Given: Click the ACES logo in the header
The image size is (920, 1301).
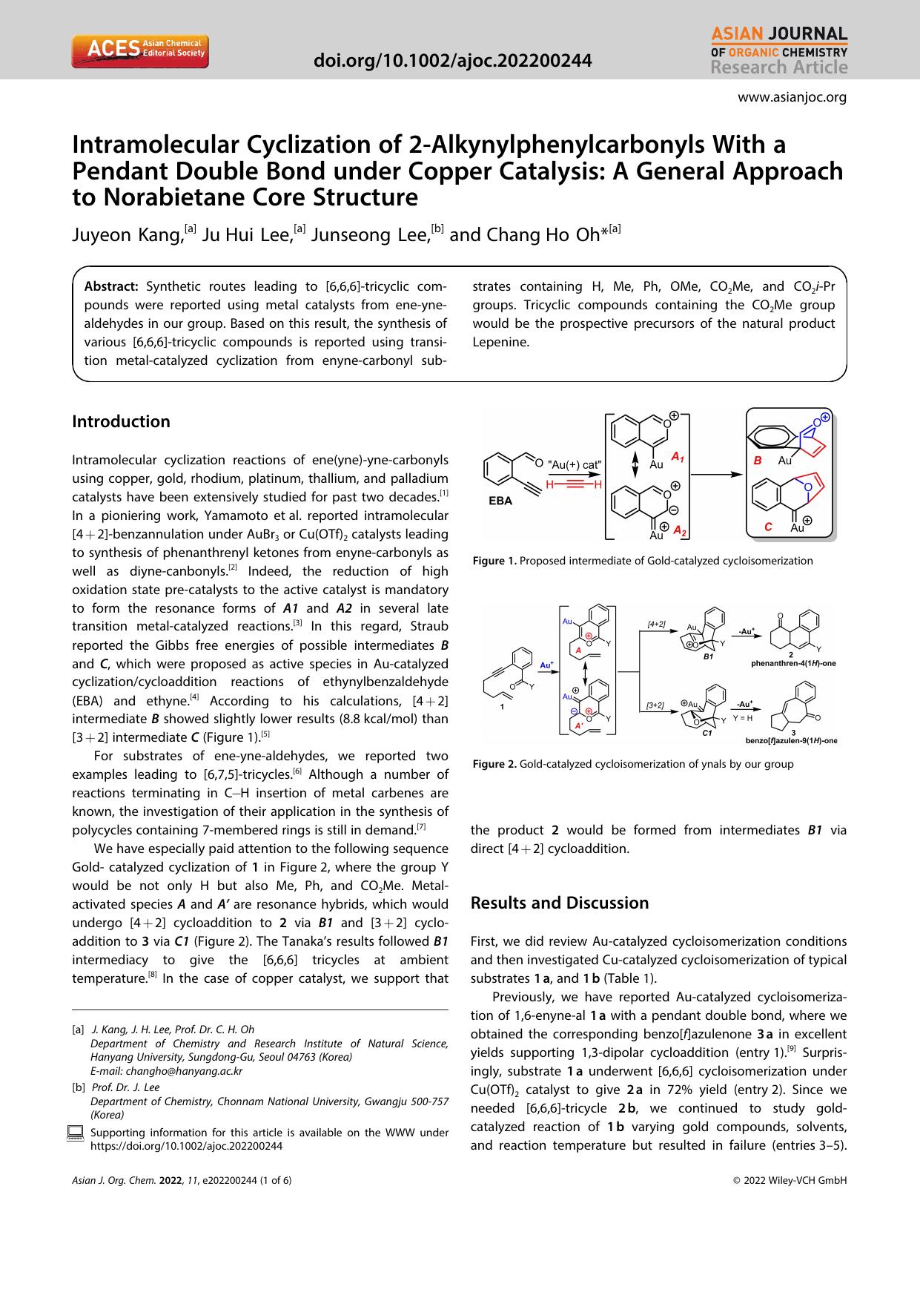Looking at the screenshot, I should [x=140, y=52].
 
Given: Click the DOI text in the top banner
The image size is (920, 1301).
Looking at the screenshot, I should [x=453, y=61].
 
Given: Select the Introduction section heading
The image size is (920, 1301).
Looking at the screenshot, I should [x=121, y=421].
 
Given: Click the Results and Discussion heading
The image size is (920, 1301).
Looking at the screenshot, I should [x=559, y=903].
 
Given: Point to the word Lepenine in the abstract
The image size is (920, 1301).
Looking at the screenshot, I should [x=500, y=342].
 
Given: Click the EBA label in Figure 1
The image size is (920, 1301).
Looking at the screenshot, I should [x=500, y=501].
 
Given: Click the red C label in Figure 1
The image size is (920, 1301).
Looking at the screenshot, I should [x=769, y=527].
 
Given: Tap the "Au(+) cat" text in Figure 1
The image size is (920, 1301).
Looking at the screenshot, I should [x=575, y=464].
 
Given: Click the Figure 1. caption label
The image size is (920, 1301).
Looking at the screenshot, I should [x=494, y=561].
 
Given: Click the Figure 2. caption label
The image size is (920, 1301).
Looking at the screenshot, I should [x=494, y=764].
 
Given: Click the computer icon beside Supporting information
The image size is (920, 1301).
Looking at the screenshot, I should [x=75, y=1133].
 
